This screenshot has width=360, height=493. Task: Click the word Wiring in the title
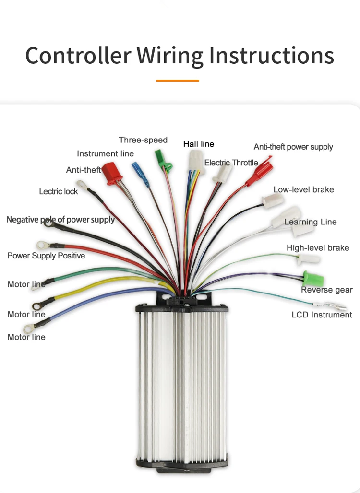(x=170, y=56)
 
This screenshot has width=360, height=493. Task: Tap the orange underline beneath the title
(x=178, y=81)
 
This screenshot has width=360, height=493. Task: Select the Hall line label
(x=199, y=144)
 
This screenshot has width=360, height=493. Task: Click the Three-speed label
(x=143, y=140)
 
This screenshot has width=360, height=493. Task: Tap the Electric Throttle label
(x=231, y=163)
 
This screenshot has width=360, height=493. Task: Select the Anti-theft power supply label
(x=293, y=147)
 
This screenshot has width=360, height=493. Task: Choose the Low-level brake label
(x=303, y=189)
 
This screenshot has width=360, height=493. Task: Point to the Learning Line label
(x=311, y=222)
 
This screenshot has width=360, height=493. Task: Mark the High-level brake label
(x=318, y=248)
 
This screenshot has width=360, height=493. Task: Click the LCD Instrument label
(x=322, y=315)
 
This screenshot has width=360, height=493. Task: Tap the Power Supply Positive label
(x=46, y=256)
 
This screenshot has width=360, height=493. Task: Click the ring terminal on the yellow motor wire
(x=37, y=305)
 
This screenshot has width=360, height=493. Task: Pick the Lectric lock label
(x=58, y=191)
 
